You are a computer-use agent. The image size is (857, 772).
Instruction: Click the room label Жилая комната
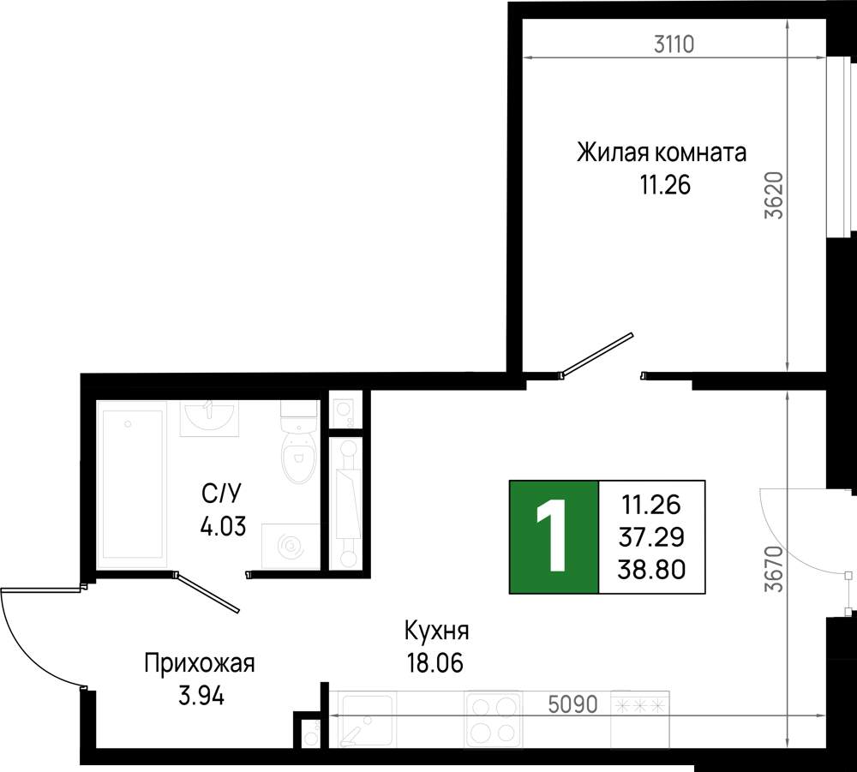tap(662, 153)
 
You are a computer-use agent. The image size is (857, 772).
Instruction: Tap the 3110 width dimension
tap(674, 45)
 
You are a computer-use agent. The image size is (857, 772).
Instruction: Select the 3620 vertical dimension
tap(775, 195)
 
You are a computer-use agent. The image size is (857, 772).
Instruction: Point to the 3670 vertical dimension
tap(775, 569)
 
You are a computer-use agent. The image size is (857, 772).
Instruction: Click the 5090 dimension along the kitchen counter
tap(572, 705)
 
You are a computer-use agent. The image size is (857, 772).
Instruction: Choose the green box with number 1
tap(554, 537)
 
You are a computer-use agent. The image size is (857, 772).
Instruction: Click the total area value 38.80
tap(651, 570)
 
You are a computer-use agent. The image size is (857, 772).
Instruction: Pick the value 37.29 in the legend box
tap(651, 537)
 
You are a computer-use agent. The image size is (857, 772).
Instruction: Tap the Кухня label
tap(437, 631)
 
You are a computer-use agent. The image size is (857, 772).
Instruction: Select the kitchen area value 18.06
tap(434, 663)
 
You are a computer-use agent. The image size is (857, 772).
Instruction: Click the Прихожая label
tap(200, 664)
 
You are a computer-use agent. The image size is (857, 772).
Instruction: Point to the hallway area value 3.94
tap(201, 696)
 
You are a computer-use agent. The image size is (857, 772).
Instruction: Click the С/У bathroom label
tap(221, 494)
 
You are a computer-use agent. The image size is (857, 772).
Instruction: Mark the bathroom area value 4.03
tap(223, 527)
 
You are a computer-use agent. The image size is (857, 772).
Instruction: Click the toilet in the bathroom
tap(299, 442)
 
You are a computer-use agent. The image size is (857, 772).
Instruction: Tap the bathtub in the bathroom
tap(132, 484)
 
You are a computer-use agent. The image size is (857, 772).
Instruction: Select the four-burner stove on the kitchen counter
tap(494, 719)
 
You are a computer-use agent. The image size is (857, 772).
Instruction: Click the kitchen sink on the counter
tap(365, 719)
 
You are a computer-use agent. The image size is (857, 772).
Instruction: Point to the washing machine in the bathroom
tap(291, 547)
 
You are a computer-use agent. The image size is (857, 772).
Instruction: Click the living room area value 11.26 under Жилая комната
tap(666, 185)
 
